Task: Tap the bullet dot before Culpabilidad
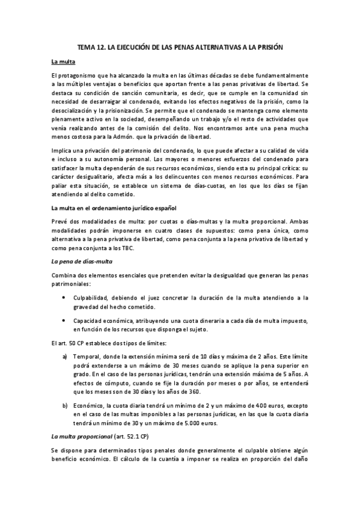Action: (65, 297)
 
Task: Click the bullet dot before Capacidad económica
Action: (65, 322)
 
